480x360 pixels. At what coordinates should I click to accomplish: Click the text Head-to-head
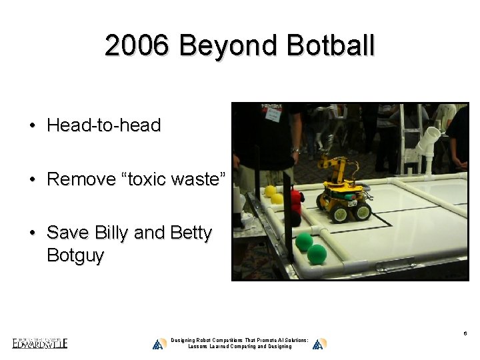pos(103,125)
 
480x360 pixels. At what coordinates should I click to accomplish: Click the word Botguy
pos(75,255)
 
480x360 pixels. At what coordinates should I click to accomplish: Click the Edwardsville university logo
pos(39,343)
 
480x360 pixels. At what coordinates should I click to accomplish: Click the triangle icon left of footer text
pos(159,343)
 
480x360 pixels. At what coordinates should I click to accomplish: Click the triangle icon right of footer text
pos(319,343)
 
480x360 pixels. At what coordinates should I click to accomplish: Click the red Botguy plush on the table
pos(295,198)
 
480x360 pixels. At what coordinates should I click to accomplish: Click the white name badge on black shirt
pos(272,115)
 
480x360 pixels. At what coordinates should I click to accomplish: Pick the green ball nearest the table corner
pos(317,254)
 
